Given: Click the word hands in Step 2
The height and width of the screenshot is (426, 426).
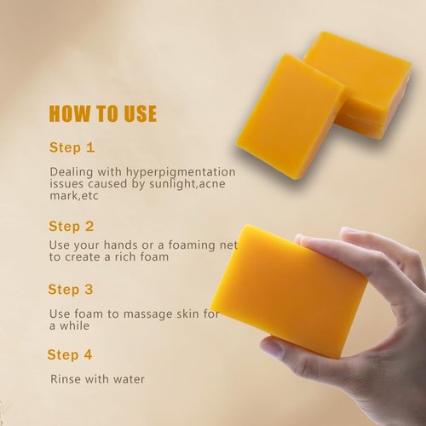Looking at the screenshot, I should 121,245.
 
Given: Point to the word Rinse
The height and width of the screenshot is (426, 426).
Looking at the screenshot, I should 66,378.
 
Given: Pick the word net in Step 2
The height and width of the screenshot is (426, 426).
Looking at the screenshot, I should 223,245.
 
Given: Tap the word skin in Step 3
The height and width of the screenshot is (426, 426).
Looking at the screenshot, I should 188,314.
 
